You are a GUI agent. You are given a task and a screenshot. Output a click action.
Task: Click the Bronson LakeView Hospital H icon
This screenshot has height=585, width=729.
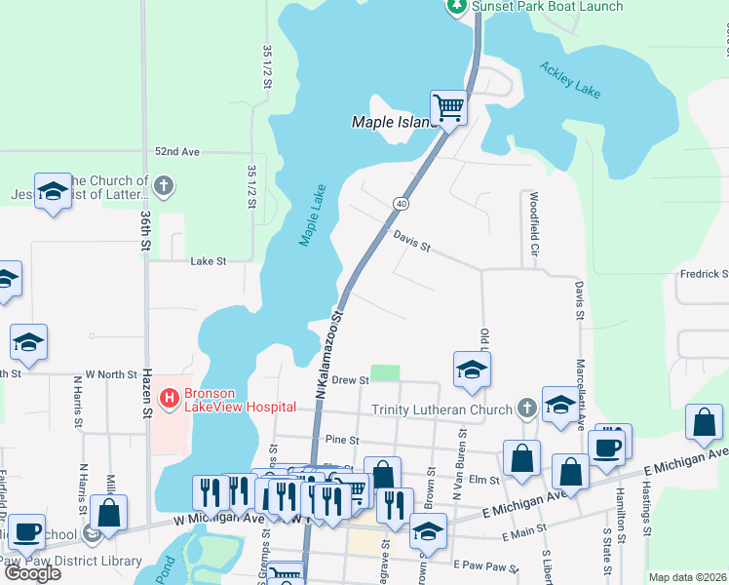point(168,398)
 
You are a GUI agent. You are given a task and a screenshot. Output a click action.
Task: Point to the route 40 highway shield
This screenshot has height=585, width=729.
point(401,203)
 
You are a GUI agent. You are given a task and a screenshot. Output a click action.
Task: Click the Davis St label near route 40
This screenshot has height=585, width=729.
point(411,241)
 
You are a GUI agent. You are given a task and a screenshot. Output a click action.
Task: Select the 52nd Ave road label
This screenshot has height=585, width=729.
point(176,153)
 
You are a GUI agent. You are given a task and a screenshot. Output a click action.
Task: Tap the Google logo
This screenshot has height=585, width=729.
point(32,573)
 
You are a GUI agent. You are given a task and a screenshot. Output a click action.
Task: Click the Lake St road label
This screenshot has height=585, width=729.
point(208,261)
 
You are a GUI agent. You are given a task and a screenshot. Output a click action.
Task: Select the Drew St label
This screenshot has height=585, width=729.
point(350,379)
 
